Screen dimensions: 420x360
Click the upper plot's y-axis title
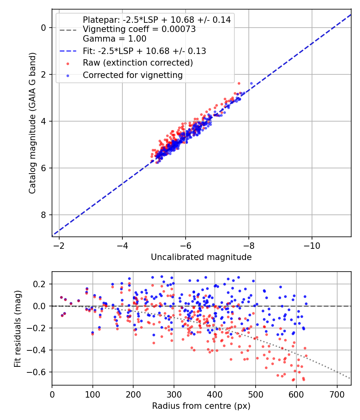[32, 123]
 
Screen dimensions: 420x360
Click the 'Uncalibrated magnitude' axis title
[201, 257]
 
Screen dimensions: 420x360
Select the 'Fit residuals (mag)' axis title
[17, 329]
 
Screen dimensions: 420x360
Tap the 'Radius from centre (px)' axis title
[201, 406]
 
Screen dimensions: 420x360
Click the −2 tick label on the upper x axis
[59, 245]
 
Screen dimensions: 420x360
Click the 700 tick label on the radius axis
[337, 394]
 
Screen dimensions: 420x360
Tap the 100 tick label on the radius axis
[93, 394]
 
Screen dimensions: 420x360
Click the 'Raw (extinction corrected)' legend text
[138, 63]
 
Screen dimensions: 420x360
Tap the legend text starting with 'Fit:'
[144, 51]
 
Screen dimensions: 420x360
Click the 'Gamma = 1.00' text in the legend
[114, 39]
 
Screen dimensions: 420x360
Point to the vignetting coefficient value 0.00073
[180, 29]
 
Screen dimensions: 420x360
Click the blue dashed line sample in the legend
[67, 51]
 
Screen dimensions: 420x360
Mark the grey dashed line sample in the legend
[67, 30]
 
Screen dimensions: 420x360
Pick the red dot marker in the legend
[68, 63]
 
